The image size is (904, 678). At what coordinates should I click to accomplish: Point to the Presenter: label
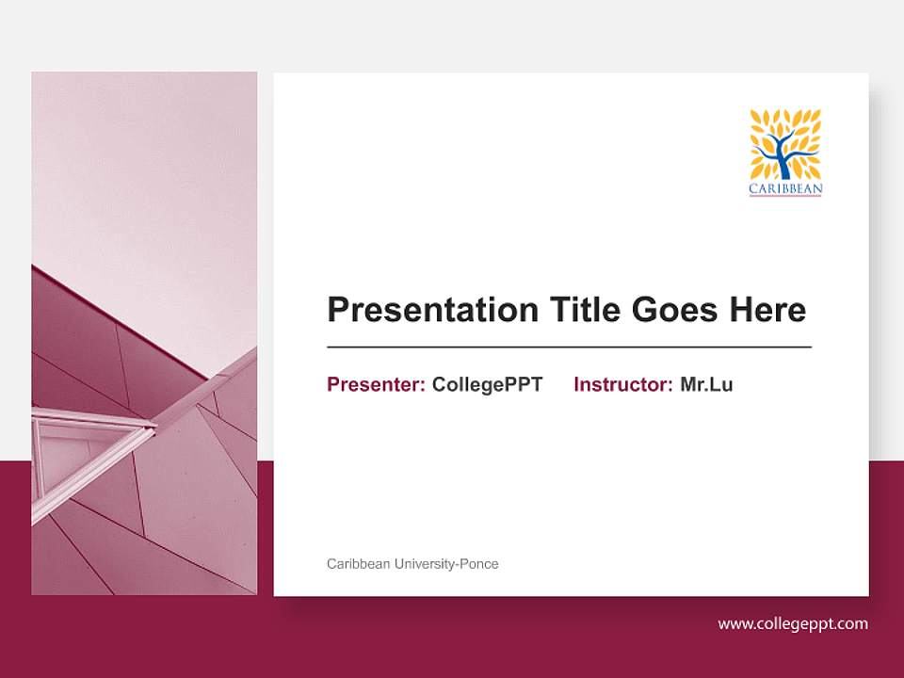click(376, 384)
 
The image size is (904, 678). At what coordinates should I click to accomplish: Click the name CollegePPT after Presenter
click(487, 384)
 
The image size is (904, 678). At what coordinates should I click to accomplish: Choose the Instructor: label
click(622, 384)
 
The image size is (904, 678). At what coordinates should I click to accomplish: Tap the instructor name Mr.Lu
click(706, 384)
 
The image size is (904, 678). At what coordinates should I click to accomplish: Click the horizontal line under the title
click(569, 347)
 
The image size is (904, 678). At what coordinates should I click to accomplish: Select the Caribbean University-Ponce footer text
click(412, 564)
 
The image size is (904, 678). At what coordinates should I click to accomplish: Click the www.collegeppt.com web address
click(793, 623)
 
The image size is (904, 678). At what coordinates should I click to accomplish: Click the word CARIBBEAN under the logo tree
click(785, 189)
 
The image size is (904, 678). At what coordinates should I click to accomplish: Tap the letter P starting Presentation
click(337, 310)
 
